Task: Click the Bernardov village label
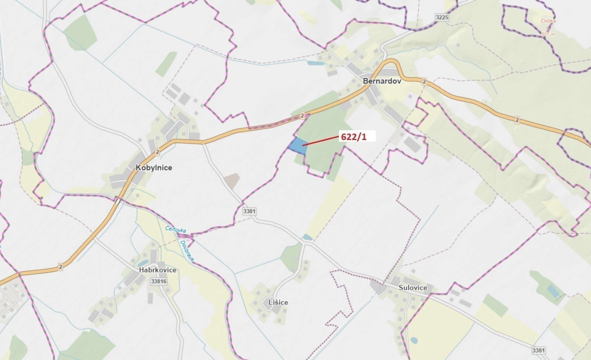(x=382, y=81)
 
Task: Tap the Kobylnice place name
(x=154, y=168)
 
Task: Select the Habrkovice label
(x=158, y=270)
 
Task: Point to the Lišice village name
(x=278, y=302)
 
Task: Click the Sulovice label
(x=413, y=288)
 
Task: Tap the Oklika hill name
(x=548, y=21)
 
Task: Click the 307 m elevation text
(x=548, y=34)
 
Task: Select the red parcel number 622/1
(x=354, y=137)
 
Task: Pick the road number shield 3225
(x=442, y=17)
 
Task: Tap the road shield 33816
(x=159, y=281)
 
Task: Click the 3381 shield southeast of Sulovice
(x=538, y=350)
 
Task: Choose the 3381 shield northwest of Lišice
(x=249, y=211)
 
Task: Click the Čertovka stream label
(x=176, y=229)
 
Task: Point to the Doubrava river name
(x=187, y=251)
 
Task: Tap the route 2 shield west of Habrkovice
(x=60, y=267)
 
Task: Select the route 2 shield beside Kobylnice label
(x=158, y=152)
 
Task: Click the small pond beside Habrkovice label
(x=143, y=263)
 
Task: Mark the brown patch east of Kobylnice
(x=232, y=180)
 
